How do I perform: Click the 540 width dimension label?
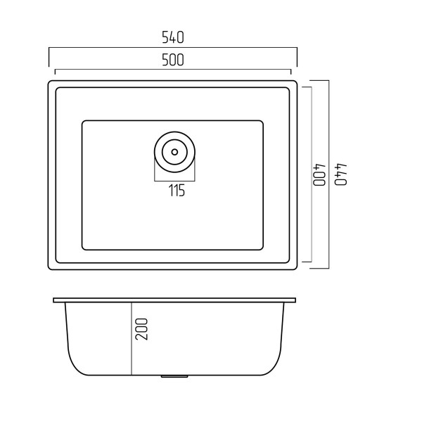(173, 37)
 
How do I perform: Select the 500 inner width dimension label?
(173, 60)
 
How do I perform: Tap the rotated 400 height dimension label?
(319, 174)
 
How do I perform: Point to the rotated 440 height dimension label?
(340, 174)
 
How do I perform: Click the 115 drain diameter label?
(177, 191)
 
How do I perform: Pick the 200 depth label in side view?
(141, 329)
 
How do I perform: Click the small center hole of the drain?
(174, 152)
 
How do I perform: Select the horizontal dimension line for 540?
(173, 48)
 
